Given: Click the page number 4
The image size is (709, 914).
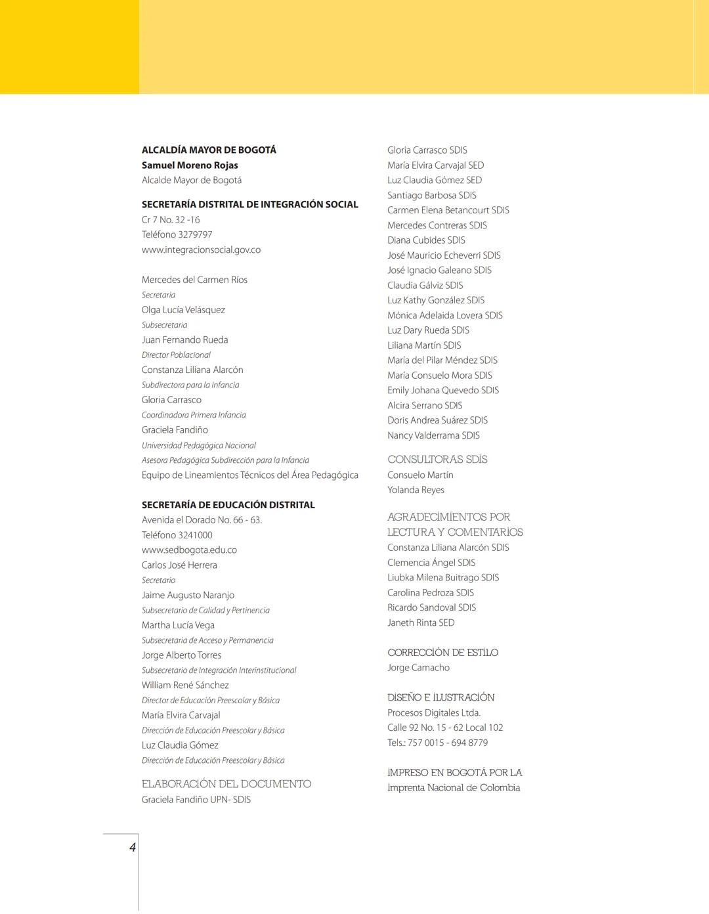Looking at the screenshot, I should click(x=133, y=847).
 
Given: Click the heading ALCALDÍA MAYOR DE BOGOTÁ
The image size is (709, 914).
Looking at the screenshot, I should click(x=209, y=150).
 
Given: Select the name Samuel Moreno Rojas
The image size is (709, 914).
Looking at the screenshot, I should click(x=190, y=165).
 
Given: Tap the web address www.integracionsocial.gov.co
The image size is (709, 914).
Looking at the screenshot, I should click(x=201, y=250).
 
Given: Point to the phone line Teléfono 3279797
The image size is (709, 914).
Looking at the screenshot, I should click(x=177, y=235).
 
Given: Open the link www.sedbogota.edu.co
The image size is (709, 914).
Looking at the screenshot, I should click(x=189, y=550).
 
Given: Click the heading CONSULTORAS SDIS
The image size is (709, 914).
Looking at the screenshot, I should click(x=437, y=460).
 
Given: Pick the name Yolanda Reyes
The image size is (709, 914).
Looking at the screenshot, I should click(x=416, y=490).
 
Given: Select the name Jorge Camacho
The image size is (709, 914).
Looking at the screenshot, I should click(x=418, y=668).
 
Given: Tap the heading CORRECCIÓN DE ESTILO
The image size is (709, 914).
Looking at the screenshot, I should click(x=442, y=653).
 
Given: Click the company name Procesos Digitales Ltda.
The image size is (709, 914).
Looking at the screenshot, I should click(x=433, y=713).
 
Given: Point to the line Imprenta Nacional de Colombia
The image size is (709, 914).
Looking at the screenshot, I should click(x=454, y=788).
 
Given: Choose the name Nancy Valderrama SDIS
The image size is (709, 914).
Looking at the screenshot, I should click(x=433, y=436).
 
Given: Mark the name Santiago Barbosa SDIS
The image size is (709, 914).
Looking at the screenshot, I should click(x=431, y=196).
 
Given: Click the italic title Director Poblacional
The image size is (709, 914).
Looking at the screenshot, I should click(x=176, y=355).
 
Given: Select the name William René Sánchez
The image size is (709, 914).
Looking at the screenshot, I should click(x=185, y=685).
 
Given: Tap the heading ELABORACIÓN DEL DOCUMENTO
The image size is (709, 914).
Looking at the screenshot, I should click(x=226, y=784).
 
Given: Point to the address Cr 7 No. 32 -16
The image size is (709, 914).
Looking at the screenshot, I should click(x=171, y=220).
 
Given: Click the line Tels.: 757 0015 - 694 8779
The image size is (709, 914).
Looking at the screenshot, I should click(x=437, y=743).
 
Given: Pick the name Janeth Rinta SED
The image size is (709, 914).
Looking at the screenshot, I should click(x=421, y=623).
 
